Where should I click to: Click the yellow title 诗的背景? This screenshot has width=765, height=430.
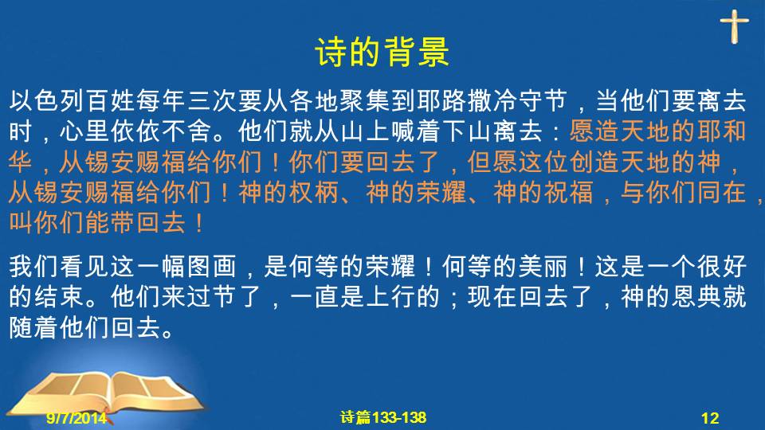point(382,52)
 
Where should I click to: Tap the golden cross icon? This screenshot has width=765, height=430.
point(734,27)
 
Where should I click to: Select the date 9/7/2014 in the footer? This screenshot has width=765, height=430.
point(76,418)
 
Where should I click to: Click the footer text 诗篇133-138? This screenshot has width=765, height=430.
point(383,417)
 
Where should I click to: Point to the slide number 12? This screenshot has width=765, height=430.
point(710,418)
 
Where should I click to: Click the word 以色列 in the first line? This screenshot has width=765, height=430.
point(47,101)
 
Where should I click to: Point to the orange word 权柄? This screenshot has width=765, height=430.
point(314,192)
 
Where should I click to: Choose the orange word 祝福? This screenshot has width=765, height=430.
point(569,192)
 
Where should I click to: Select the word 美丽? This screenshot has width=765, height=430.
point(543,266)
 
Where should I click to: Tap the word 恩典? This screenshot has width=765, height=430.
point(696,296)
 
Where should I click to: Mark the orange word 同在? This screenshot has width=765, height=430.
point(722,192)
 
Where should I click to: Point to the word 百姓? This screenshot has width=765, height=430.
point(111,101)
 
